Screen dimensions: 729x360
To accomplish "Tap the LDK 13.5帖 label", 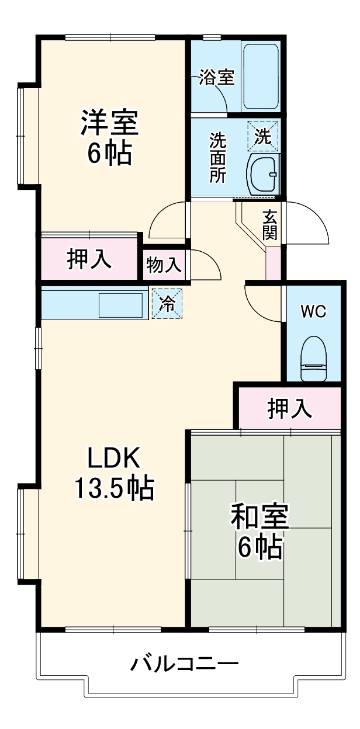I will click(113, 473).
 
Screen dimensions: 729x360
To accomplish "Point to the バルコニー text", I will click(185, 664).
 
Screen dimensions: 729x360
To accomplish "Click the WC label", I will click(313, 311).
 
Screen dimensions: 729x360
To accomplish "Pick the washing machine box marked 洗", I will click(263, 136).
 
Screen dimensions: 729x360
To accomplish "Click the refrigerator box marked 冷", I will click(167, 304).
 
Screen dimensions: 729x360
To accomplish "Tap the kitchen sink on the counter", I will click(121, 305).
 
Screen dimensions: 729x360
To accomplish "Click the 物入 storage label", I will click(164, 266).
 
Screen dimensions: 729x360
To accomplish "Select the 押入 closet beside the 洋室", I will click(89, 259).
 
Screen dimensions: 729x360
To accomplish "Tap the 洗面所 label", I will click(217, 158).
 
